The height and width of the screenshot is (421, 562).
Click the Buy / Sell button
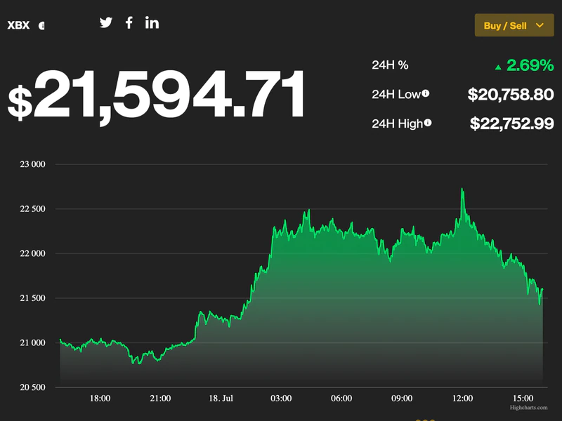pyautogui.click(x=514, y=25)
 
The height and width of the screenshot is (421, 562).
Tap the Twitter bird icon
pyautogui.click(x=106, y=22)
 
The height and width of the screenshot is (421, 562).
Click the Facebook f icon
pyautogui.click(x=129, y=22)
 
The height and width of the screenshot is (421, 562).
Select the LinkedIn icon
pyautogui.click(x=152, y=22)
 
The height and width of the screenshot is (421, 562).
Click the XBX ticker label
pyautogui.click(x=18, y=25)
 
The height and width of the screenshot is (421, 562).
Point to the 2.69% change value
pyautogui.click(x=530, y=65)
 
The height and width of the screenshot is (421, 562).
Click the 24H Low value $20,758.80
pyautogui.click(x=511, y=94)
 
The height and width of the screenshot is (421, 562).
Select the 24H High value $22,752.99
pyautogui.click(x=511, y=123)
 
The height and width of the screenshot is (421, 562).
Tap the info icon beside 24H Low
pyautogui.click(x=426, y=93)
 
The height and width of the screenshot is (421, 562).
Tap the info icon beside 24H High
pyautogui.click(x=428, y=123)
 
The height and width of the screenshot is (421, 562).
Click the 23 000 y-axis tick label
pyautogui.click(x=31, y=165)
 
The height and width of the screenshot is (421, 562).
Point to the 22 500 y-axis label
pyautogui.click(x=31, y=209)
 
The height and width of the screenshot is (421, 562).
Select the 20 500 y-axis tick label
pyautogui.click(x=31, y=387)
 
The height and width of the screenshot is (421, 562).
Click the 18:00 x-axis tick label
pyautogui.click(x=100, y=399)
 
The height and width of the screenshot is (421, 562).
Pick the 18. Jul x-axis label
pyautogui.click(x=221, y=399)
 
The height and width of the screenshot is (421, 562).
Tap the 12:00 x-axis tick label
pyautogui.click(x=462, y=399)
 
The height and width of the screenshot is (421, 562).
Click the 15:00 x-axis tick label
pyautogui.click(x=523, y=399)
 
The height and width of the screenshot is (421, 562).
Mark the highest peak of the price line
pyautogui.click(x=462, y=189)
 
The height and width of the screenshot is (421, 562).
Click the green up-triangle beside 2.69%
pyautogui.click(x=498, y=67)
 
